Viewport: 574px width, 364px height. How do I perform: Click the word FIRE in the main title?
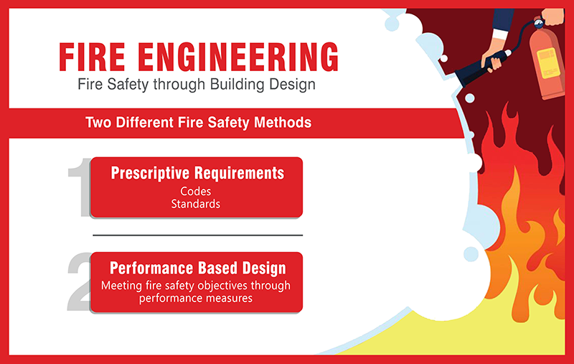(92, 57)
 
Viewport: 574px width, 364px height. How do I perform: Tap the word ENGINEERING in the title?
(238, 57)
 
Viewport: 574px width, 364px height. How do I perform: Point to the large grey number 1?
(80, 187)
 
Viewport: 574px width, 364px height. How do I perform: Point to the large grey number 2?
(80, 282)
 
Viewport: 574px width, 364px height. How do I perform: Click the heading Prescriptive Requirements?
(197, 173)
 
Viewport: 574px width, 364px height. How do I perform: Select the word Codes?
(195, 191)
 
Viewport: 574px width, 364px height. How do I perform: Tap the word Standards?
(195, 204)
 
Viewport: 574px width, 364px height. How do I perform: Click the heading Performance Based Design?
(198, 268)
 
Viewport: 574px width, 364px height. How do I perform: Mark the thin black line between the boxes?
(198, 235)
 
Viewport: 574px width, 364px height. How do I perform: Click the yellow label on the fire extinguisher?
(548, 63)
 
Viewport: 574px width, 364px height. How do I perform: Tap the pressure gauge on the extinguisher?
(539, 24)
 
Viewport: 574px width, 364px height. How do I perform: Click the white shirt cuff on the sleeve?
(499, 34)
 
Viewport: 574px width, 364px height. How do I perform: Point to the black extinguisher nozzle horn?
(476, 70)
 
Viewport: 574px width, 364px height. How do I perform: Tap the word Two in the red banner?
(99, 122)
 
